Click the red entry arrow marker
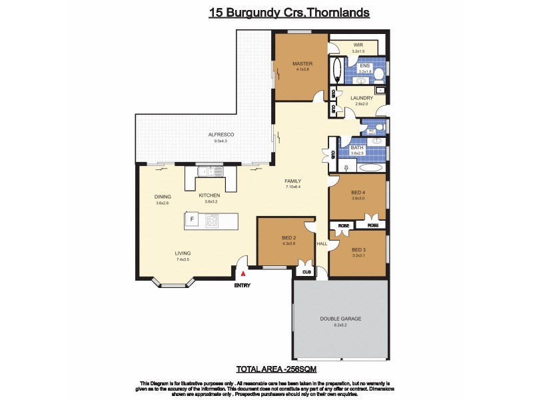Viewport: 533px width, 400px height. pos(244,273)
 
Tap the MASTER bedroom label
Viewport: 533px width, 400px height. pos(302,64)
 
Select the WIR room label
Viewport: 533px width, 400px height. pos(357,45)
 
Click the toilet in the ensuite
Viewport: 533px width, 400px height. pos(378,73)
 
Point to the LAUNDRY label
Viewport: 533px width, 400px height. pos(362,98)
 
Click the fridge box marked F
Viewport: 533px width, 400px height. pos(193,219)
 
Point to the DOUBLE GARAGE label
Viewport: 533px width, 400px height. pos(339,319)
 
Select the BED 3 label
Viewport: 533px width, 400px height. pos(359,250)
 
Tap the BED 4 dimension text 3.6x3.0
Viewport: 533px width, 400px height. pos(358,199)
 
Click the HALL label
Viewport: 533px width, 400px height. pos(322,244)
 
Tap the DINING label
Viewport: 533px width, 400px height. pos(163,197)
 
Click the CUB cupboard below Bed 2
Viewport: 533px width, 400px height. pos(307,272)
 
